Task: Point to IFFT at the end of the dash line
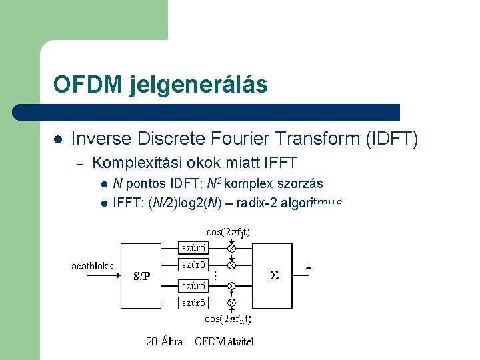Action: [x=279, y=162]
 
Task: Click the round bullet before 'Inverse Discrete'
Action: [x=58, y=139]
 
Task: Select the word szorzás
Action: [x=302, y=183]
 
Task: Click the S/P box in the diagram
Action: [x=142, y=275]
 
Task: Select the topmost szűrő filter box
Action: [x=194, y=248]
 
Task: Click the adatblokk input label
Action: [x=93, y=266]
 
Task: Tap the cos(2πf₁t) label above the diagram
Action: [x=228, y=232]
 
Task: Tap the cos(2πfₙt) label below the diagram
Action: [x=228, y=319]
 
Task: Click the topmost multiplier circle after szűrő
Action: [x=231, y=248]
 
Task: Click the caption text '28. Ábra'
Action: [x=165, y=342]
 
